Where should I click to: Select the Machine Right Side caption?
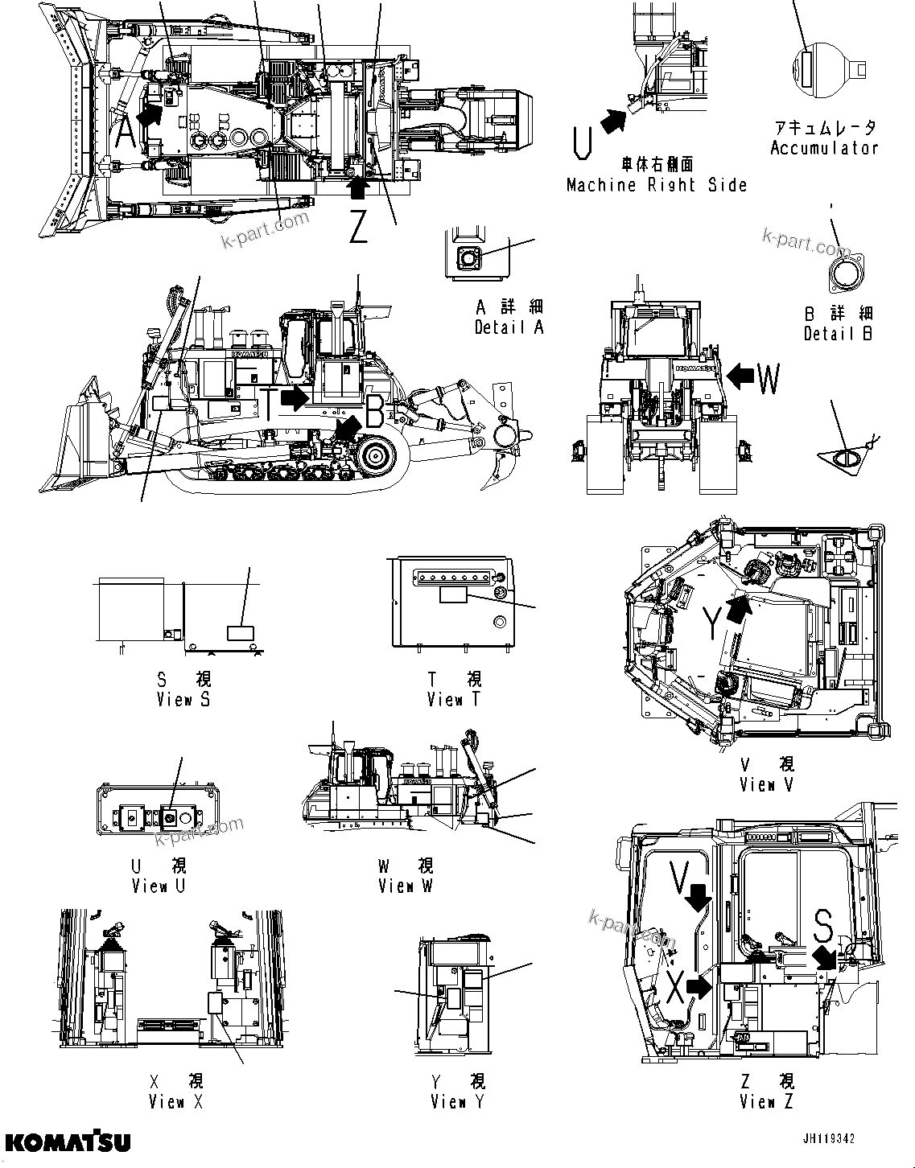pos(657,185)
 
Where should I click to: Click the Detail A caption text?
pos(509,327)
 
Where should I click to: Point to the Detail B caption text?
pos(839,334)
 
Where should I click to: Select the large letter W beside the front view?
pos(769,379)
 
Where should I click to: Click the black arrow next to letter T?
pos(295,397)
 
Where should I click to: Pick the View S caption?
pos(183,699)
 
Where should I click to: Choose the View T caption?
pos(454,700)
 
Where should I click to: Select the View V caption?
pos(766,784)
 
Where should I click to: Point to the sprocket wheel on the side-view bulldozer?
pos(376,456)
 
